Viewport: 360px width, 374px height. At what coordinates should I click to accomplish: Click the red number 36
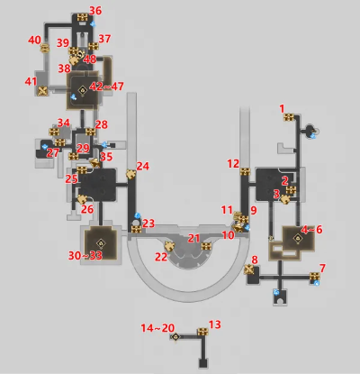pos(95,11)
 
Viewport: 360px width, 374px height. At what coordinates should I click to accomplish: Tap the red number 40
pos(34,40)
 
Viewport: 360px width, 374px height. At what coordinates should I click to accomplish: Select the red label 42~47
pos(106,87)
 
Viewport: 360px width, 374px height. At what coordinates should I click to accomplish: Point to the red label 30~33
pos(85,256)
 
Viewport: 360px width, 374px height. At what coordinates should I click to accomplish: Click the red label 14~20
pos(157,328)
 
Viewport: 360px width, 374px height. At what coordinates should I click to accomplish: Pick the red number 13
pos(214,324)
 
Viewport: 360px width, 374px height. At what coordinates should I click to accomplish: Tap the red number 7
pos(322,269)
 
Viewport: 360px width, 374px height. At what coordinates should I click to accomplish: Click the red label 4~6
pos(311,230)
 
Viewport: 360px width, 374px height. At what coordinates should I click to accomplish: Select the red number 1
pos(282,109)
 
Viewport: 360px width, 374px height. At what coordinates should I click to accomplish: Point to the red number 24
pos(143,166)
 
